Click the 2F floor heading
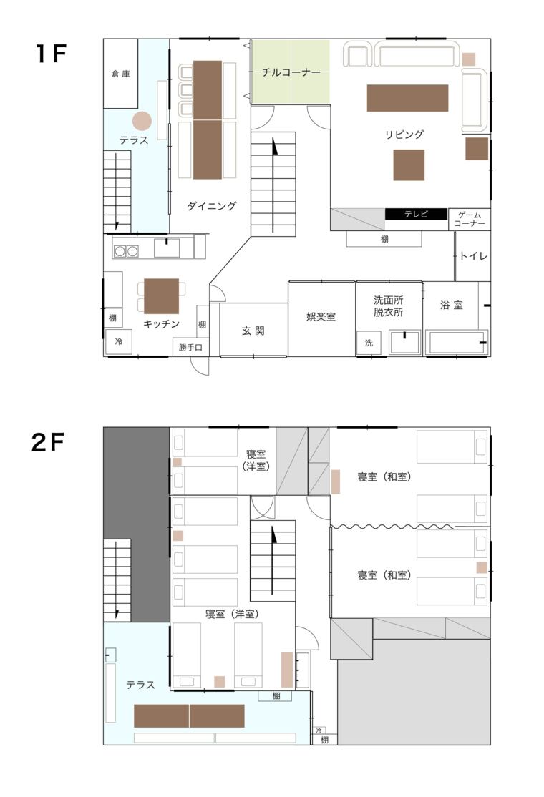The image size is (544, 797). point(49,444)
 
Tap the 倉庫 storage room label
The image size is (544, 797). point(120,74)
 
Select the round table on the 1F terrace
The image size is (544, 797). point(142,122)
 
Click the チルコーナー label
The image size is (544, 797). point(291,72)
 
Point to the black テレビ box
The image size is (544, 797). point(416,214)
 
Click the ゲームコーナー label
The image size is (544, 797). point(470,219)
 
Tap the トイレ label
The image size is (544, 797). point(473,255)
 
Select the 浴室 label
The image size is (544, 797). point(451,305)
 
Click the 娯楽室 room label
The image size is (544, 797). point(321,316)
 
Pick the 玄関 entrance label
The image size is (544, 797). point(253,331)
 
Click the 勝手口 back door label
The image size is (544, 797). point(190,348)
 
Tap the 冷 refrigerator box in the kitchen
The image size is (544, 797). point(118,342)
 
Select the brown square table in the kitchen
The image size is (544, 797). point(161,296)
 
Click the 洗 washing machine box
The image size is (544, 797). point(369,343)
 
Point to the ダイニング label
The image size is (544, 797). point(212,206)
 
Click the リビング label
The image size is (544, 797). point(404,134)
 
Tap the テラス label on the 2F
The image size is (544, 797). point(140,685)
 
